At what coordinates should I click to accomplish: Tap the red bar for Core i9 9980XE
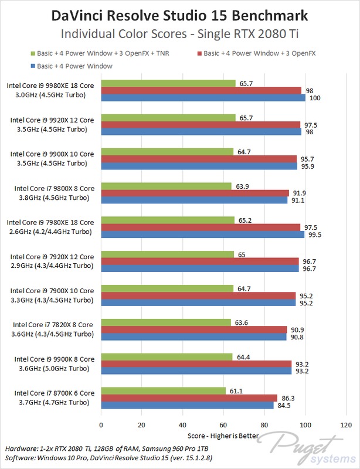click(x=201, y=90)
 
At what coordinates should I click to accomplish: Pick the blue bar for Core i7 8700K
click(x=187, y=405)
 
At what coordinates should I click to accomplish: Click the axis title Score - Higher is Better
click(x=223, y=436)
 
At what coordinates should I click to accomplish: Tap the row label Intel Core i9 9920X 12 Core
click(x=52, y=119)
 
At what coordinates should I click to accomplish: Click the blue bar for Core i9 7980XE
click(x=203, y=235)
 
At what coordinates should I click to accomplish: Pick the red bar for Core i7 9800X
click(x=195, y=193)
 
